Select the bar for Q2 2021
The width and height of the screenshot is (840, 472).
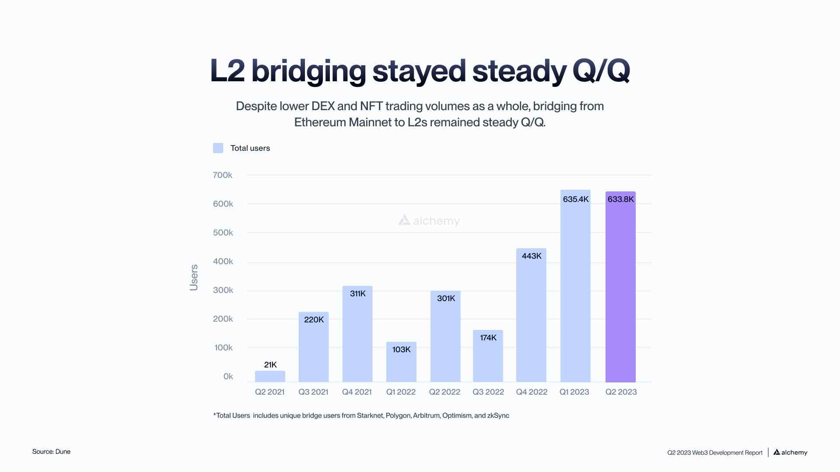click(270, 376)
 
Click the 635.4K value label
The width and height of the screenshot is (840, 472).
click(576, 199)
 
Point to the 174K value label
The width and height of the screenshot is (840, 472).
click(488, 338)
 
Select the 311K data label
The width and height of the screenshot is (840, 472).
click(357, 294)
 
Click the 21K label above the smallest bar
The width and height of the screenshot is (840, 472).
click(270, 364)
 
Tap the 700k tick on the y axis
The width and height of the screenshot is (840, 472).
click(222, 175)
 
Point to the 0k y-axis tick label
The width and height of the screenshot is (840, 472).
click(228, 376)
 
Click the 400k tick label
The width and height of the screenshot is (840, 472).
click(223, 261)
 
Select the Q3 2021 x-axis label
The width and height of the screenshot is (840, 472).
click(313, 392)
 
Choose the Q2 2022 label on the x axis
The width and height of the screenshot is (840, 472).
click(444, 392)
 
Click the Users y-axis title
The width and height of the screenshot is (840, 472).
click(194, 278)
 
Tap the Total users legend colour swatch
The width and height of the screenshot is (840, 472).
click(218, 148)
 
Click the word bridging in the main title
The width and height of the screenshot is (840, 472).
click(308, 71)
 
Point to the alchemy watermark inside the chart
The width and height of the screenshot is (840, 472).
click(429, 221)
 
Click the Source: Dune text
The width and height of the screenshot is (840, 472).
click(51, 451)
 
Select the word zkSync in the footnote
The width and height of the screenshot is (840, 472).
click(498, 416)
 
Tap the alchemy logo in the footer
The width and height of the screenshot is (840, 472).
click(790, 452)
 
